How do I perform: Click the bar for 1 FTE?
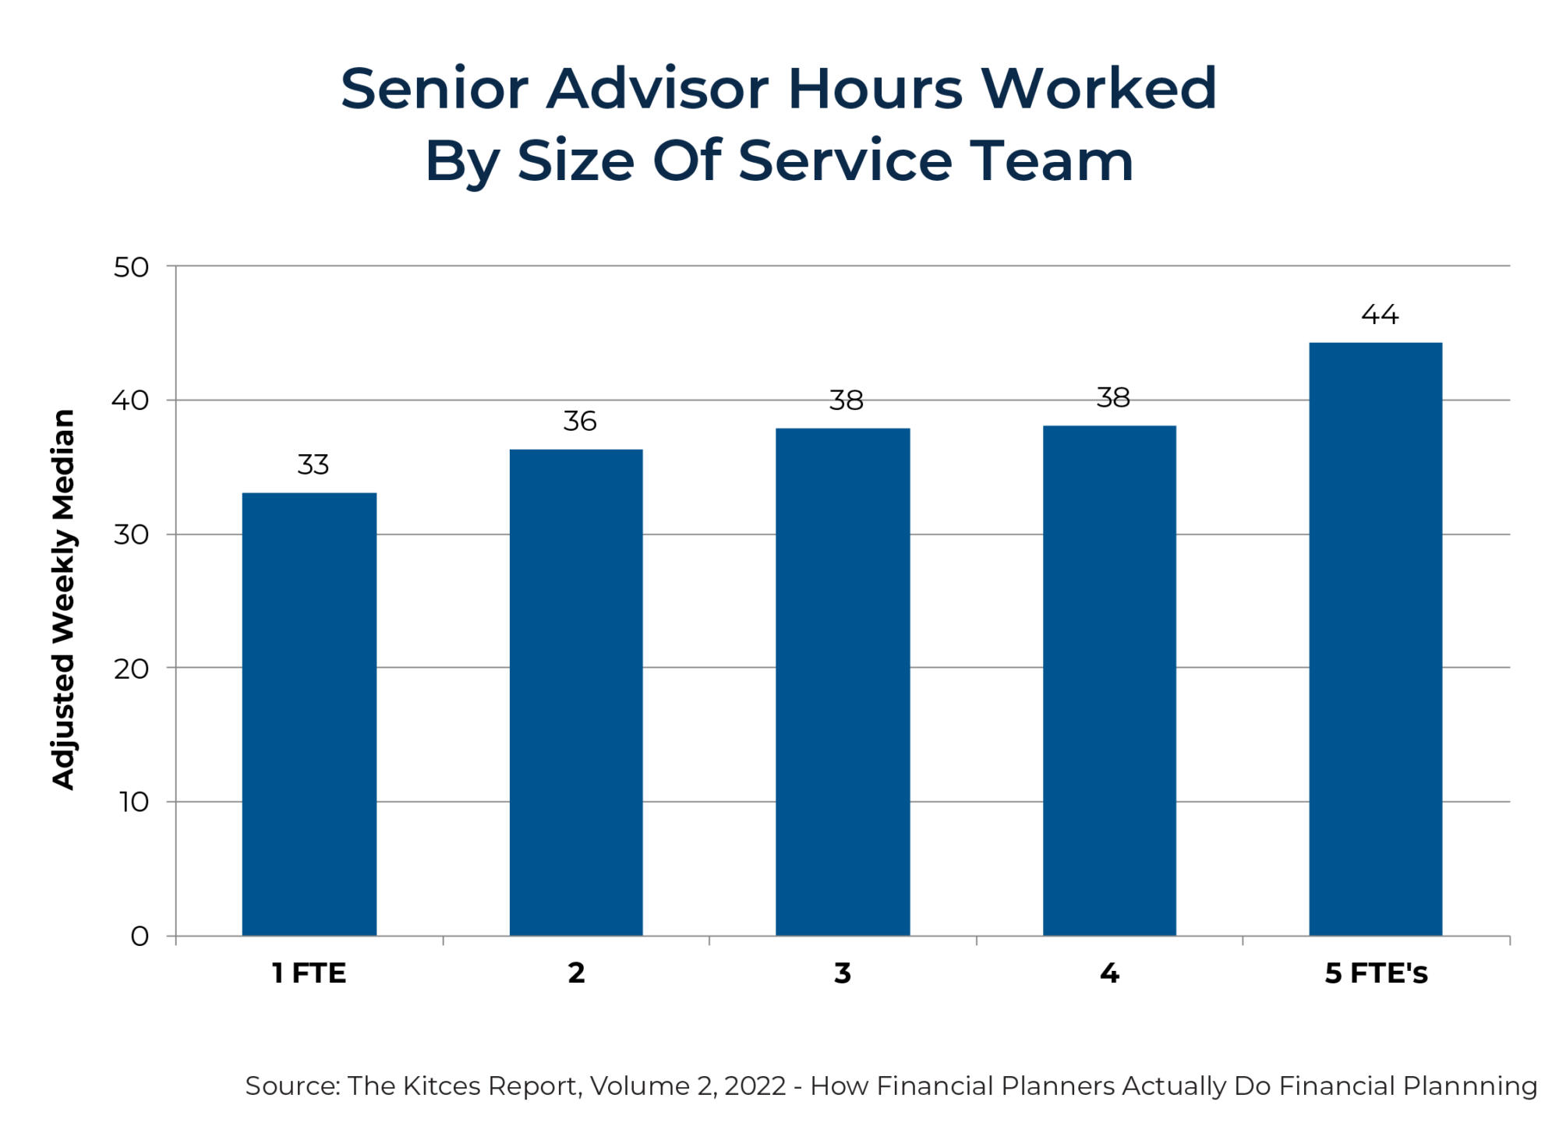(309, 714)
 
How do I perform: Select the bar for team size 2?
(576, 692)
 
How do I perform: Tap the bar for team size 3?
(843, 682)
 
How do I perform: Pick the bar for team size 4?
(1109, 680)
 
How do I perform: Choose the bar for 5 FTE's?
(1376, 639)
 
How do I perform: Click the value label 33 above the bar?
(313, 465)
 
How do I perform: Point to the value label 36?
(580, 422)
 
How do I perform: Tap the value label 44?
(1380, 315)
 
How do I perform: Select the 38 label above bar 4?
(1113, 398)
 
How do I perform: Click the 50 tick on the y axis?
(131, 267)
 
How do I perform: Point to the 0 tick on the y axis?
(140, 936)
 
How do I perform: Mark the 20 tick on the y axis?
(131, 669)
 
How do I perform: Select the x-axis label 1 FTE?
(309, 973)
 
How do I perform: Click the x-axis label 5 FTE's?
(1377, 973)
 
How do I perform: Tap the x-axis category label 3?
(843, 973)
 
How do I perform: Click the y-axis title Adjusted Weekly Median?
(64, 599)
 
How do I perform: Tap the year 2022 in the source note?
(755, 1085)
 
